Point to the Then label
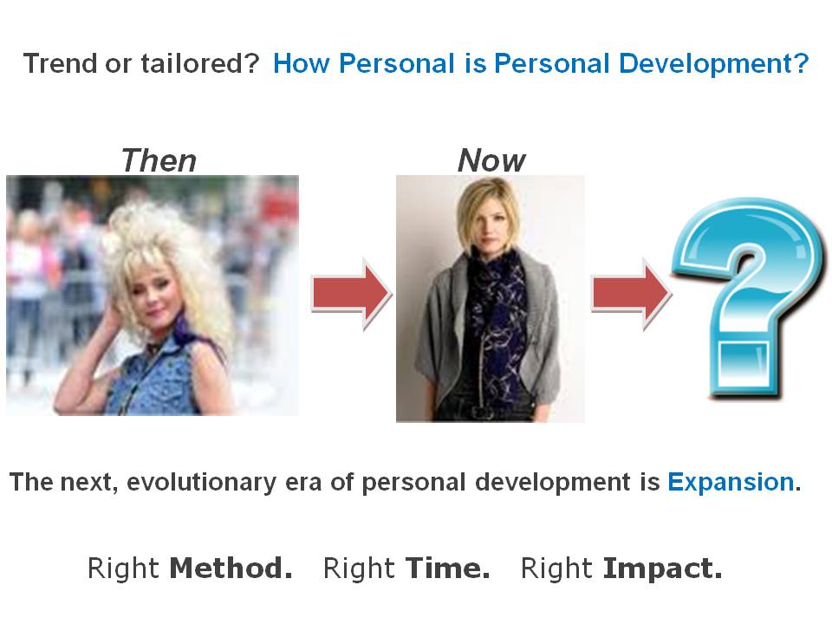point(159,160)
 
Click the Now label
point(491,160)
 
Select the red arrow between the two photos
point(351,296)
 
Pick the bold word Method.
point(231,569)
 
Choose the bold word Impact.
point(662,569)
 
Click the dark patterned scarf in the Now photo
point(494,312)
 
